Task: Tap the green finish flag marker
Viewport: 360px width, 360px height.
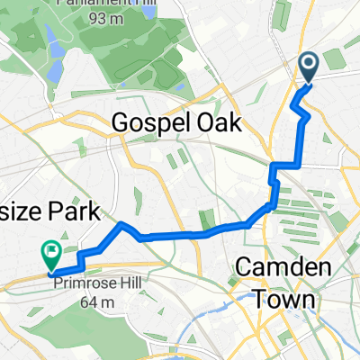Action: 50,255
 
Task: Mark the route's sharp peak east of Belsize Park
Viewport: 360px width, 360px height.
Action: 121,222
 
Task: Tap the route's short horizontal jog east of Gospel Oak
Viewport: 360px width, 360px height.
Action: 284,165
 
